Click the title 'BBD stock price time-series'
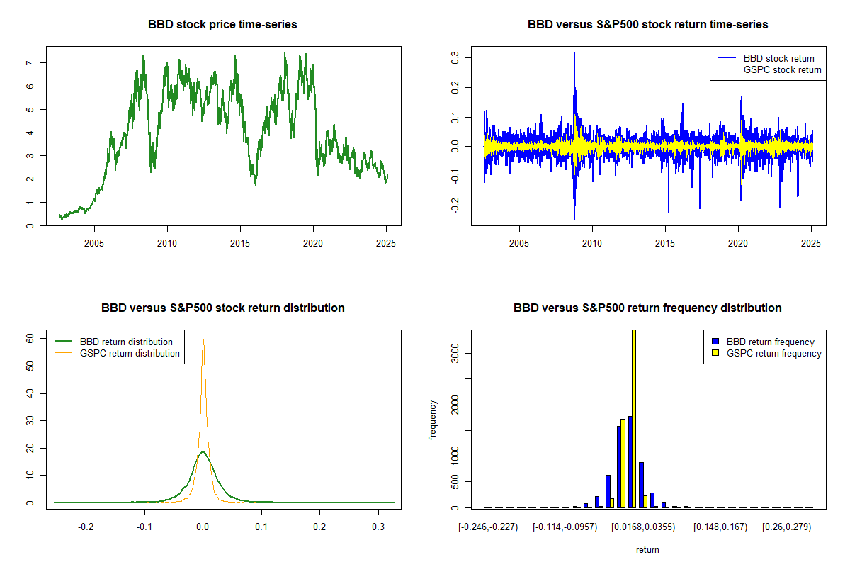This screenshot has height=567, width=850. (222, 24)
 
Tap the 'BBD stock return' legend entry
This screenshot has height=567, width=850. (778, 58)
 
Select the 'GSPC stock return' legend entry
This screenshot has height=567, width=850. (782, 69)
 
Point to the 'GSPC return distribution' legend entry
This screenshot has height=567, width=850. (130, 353)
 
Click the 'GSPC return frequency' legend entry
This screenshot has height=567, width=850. (773, 353)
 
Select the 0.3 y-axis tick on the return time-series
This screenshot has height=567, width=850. (455, 57)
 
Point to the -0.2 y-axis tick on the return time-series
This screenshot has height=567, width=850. (455, 206)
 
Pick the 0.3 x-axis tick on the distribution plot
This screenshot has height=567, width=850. (378, 527)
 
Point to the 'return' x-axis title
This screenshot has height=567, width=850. (647, 549)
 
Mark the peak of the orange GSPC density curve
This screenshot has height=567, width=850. (203, 339)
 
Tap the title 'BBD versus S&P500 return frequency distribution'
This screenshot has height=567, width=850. (647, 308)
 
